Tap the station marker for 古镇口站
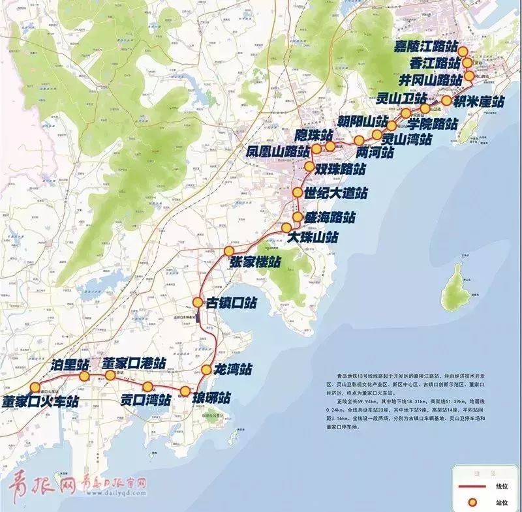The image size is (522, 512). (198, 302)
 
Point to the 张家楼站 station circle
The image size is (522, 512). (229, 252)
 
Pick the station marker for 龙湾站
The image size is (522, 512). (207, 370)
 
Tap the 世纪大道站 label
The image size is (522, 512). (335, 193)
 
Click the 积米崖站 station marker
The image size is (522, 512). (446, 100)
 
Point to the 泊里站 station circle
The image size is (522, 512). (84, 377)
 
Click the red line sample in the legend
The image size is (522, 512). (470, 487)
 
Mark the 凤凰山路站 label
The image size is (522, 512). (277, 151)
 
